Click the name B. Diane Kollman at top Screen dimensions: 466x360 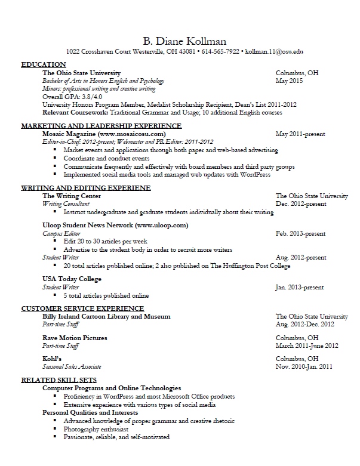click(x=184, y=41)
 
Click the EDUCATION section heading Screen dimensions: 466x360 click(x=44, y=64)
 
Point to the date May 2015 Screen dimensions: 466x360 click(x=290, y=81)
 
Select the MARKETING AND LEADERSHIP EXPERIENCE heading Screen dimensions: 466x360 click(x=101, y=126)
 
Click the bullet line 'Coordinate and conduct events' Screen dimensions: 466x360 click(x=106, y=159)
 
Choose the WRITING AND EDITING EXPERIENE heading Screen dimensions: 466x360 click(x=86, y=188)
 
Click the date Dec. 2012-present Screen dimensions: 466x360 click(x=301, y=203)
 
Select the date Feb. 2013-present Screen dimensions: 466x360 click(x=301, y=234)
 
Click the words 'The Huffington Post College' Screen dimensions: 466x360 click(x=250, y=266)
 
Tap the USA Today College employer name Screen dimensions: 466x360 click(x=72, y=279)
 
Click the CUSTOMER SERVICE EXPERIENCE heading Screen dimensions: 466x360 click(x=82, y=308)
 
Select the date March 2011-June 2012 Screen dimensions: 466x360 click(x=307, y=345)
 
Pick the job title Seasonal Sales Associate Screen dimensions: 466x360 click(x=72, y=366)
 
